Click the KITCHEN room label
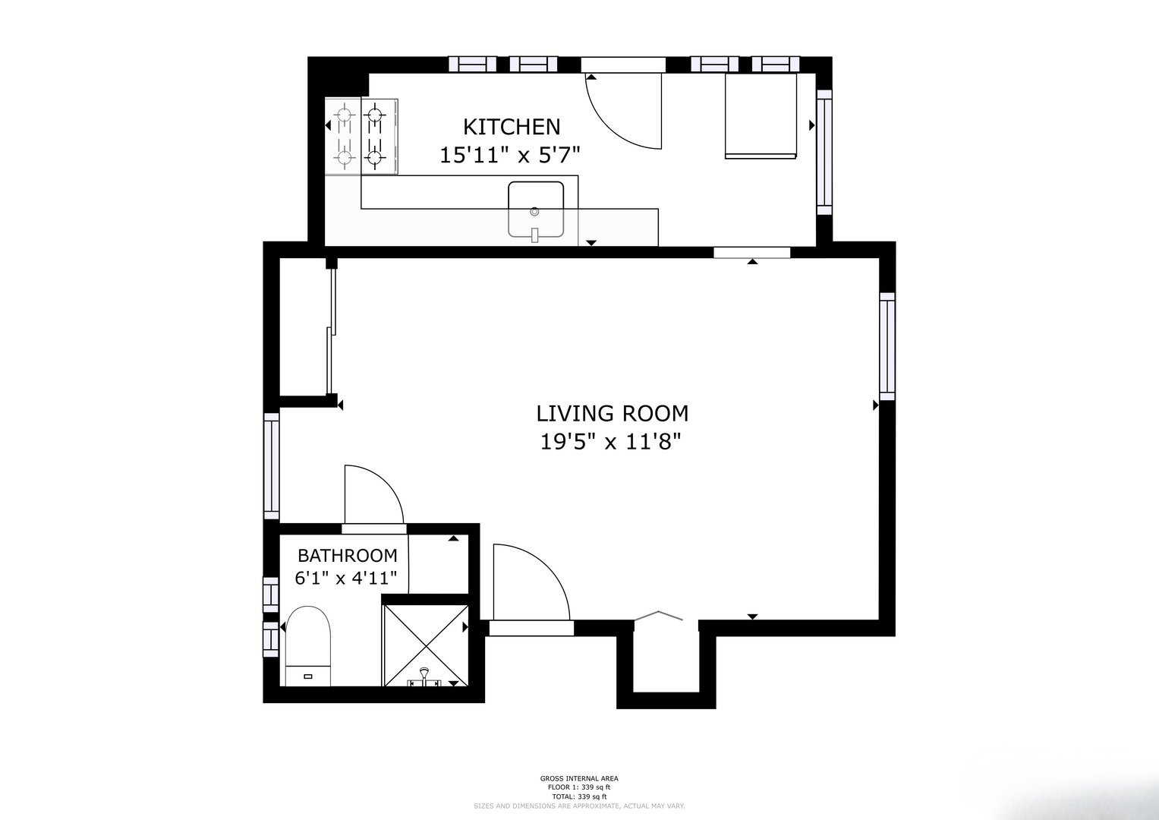click(x=512, y=127)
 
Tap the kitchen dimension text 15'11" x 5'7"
click(x=509, y=155)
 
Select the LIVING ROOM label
click(x=612, y=414)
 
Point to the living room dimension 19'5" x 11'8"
click(x=610, y=442)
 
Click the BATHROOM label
click(x=347, y=556)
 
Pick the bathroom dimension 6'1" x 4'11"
click(x=345, y=578)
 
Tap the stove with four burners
click(x=361, y=136)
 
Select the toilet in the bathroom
click(x=308, y=646)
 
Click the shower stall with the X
click(x=426, y=645)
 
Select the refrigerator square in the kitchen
click(x=761, y=116)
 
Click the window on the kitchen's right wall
click(x=824, y=152)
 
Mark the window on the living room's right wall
click(x=887, y=346)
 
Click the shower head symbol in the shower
click(x=424, y=677)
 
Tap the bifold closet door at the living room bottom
click(x=659, y=615)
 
